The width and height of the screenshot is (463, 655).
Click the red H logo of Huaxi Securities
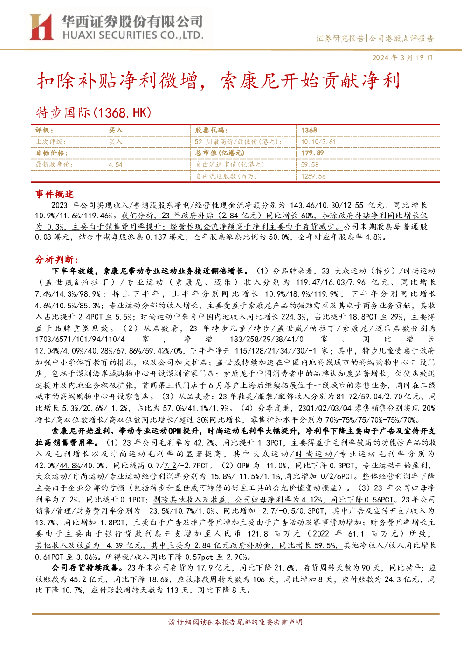(x=41, y=27)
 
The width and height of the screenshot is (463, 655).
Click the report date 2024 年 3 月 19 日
(x=402, y=57)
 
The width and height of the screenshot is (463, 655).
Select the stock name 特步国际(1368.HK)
(x=94, y=112)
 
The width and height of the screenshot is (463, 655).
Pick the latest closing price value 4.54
(x=116, y=165)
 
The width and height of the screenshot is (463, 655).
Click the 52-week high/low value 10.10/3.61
(x=318, y=142)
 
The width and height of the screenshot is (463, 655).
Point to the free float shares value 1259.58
(x=313, y=176)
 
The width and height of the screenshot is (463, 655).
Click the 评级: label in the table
(x=44, y=131)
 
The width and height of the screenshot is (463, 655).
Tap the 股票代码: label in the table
(x=211, y=131)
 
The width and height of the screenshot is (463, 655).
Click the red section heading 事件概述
(x=55, y=194)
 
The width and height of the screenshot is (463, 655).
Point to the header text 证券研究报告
(x=340, y=38)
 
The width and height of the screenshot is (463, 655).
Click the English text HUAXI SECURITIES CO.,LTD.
(x=133, y=35)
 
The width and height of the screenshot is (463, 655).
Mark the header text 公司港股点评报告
(x=401, y=38)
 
